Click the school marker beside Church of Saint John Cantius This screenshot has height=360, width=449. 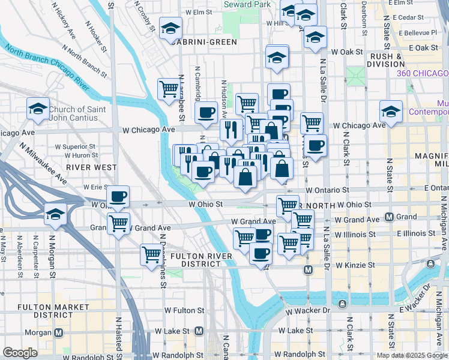(38, 110)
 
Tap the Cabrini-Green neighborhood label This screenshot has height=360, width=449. (200, 42)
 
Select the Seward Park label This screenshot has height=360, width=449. (246, 4)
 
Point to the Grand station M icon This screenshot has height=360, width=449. (389, 217)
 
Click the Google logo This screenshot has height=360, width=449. (20, 353)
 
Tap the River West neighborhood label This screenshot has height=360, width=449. (83, 166)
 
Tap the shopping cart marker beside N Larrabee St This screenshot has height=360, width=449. (168, 89)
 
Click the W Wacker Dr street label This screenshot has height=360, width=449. (309, 311)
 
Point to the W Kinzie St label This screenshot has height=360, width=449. (355, 265)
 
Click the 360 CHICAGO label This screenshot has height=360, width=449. (422, 73)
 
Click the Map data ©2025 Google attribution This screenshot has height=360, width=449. (412, 355)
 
